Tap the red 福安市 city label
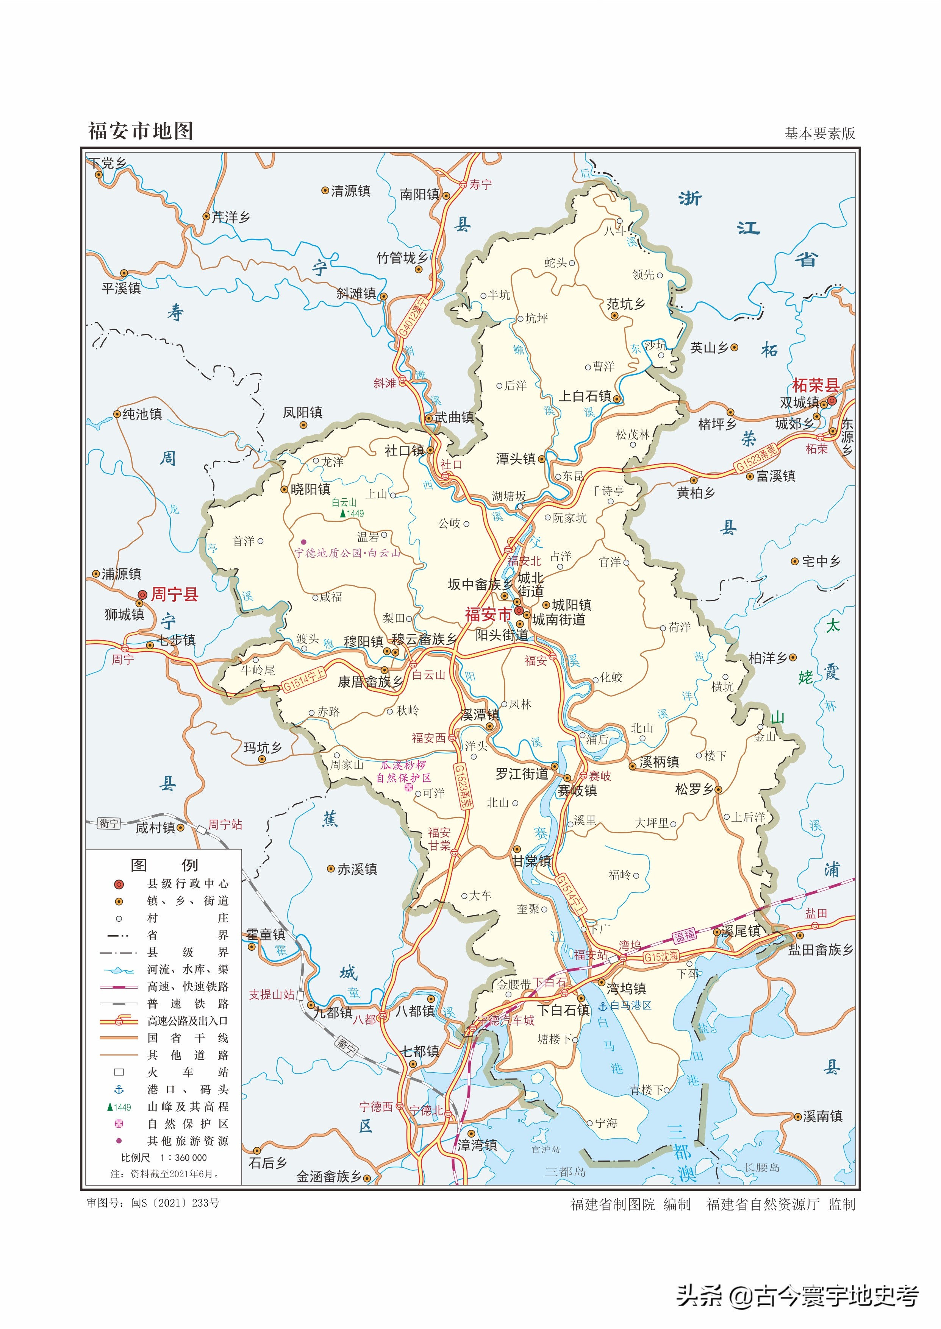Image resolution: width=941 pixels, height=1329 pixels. click(488, 615)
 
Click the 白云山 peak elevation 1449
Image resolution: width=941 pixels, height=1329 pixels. click(355, 514)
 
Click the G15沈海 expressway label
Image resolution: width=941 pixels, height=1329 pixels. click(661, 957)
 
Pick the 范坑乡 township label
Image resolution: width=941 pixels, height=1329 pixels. click(626, 304)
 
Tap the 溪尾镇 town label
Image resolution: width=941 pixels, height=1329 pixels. click(741, 931)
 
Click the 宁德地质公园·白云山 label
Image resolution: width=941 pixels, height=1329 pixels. click(348, 553)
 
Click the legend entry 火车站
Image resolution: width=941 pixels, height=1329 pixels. click(187, 1072)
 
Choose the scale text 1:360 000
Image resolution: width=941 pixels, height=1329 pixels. click(183, 1157)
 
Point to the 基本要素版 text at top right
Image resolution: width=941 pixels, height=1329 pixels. click(819, 134)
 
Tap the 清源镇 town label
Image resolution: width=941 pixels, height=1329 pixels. click(350, 191)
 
